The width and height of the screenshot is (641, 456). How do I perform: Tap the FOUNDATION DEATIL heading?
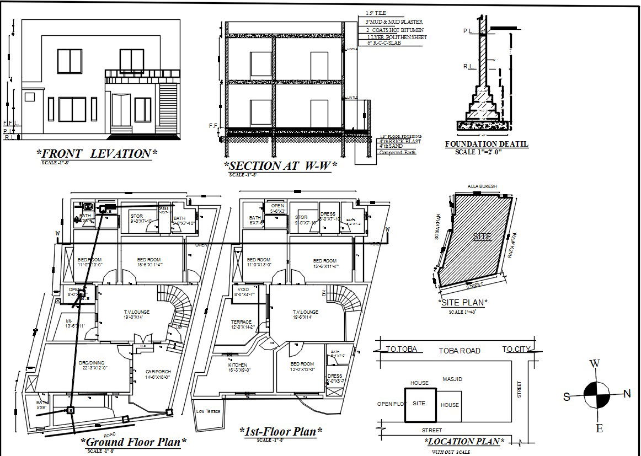coord(487,144)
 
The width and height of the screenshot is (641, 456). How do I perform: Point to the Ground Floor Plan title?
coord(133,442)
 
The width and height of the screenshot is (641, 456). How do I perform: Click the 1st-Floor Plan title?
coord(281,431)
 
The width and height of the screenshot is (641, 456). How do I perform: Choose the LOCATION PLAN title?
coord(464,442)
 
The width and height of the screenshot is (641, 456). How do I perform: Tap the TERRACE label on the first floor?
coord(241,322)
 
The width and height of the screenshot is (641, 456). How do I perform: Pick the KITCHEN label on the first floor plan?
coord(238,365)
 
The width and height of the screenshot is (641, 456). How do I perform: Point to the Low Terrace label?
coord(208,411)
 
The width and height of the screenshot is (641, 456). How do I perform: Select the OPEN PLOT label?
coord(392,404)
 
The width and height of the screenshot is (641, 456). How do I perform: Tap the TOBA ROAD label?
coord(459,351)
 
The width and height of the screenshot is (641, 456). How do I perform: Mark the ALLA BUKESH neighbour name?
coord(482,186)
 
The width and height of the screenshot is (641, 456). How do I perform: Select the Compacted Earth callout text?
coord(397,152)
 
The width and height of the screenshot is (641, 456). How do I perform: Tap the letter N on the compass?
coord(627,394)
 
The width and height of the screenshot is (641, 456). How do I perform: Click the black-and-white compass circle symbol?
coord(597,395)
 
